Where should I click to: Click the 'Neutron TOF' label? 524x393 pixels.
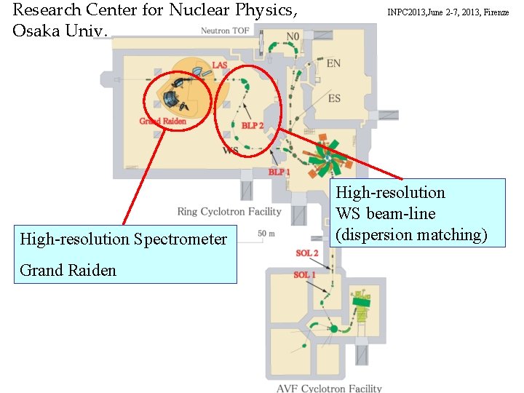pos(226,31)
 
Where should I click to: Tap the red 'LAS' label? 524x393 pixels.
pos(219,65)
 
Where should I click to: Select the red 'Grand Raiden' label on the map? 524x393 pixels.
pos(162,121)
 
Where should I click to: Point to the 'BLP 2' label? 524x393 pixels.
pos(253,126)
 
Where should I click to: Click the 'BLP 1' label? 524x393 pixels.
pos(279,172)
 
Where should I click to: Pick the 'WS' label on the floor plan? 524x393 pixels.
pos(230,151)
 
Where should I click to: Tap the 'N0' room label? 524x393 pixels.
pos(293,36)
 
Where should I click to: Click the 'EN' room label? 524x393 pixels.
pos(333,64)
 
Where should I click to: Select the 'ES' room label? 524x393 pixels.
pos(334,98)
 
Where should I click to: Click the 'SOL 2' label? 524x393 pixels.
pos(306,253)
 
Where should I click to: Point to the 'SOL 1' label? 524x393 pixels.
pos(304,274)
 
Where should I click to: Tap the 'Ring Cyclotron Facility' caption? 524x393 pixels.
pos(229,212)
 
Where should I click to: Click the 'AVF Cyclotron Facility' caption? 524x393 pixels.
pos(329,388)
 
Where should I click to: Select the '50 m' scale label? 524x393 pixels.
pos(266,233)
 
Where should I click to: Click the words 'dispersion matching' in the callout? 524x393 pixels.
pos(411,234)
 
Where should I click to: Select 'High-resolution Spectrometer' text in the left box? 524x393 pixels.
pos(123,239)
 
